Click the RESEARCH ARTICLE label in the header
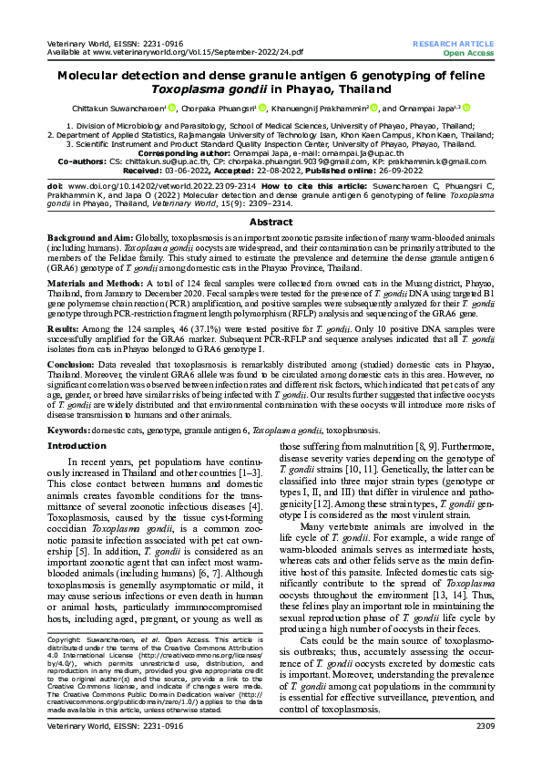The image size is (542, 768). pos(453,44)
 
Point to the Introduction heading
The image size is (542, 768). pos(77,446)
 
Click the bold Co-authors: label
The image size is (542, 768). pos(82,160)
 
